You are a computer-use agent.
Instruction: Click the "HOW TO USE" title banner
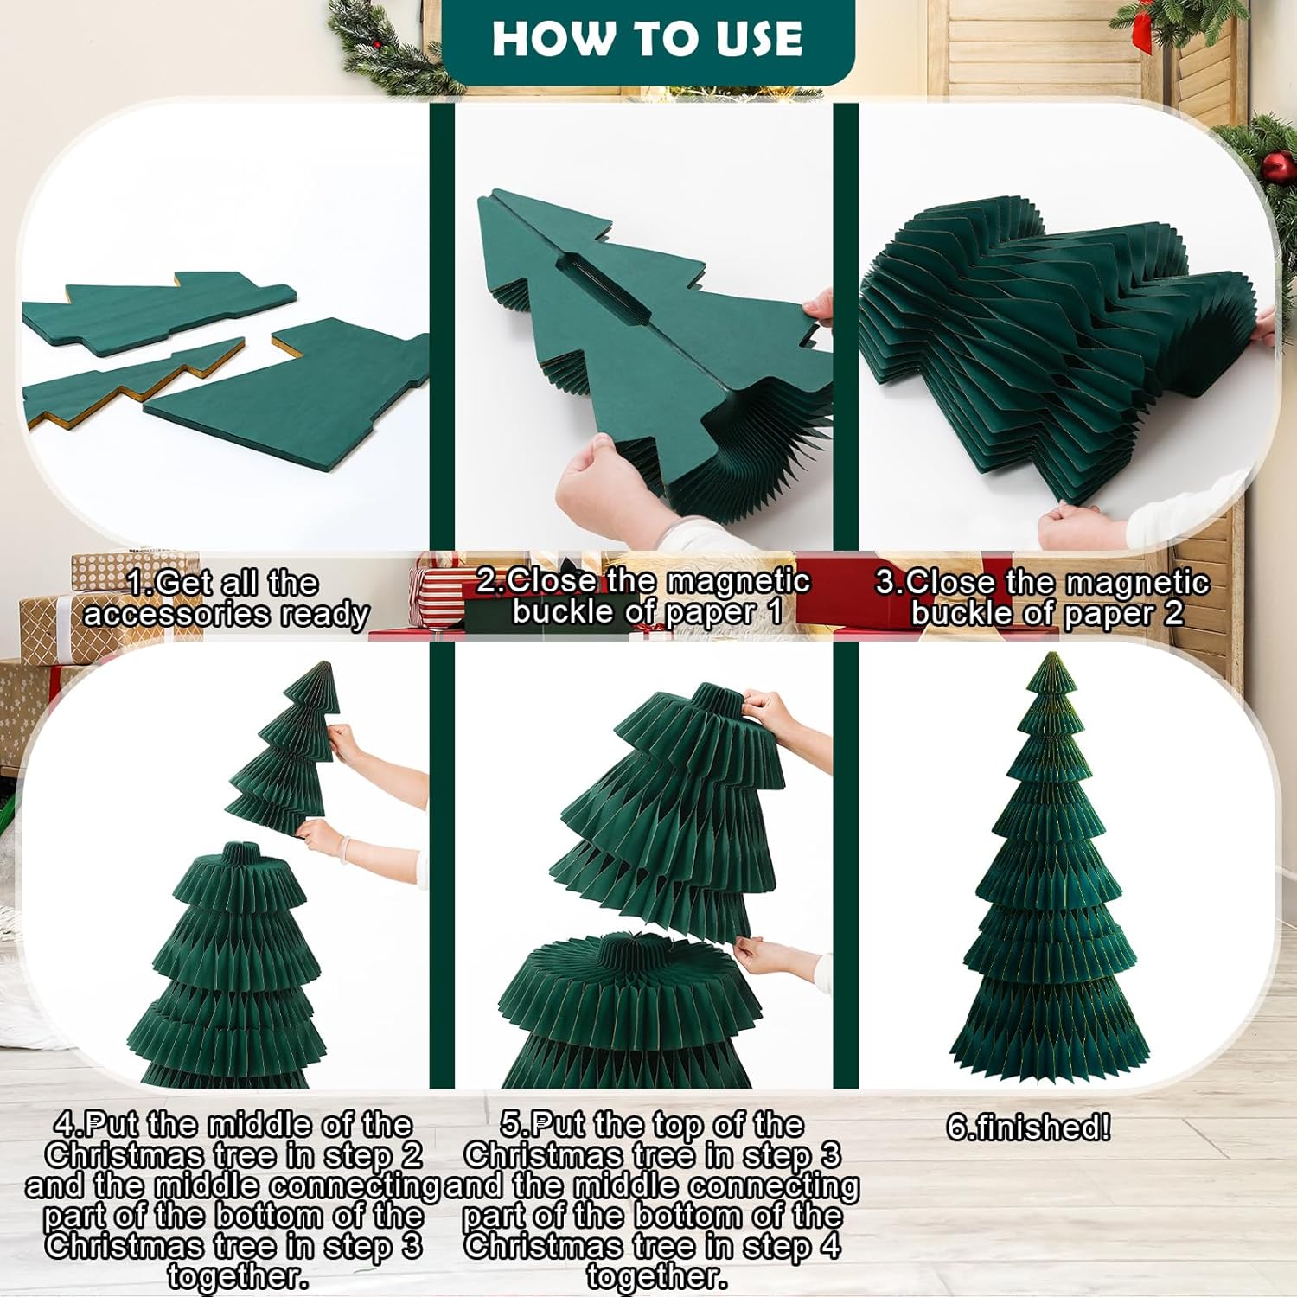[x=648, y=40]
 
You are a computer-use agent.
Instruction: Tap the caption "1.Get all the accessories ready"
[x=226, y=597]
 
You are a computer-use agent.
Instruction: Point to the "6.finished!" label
[x=1028, y=1127]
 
